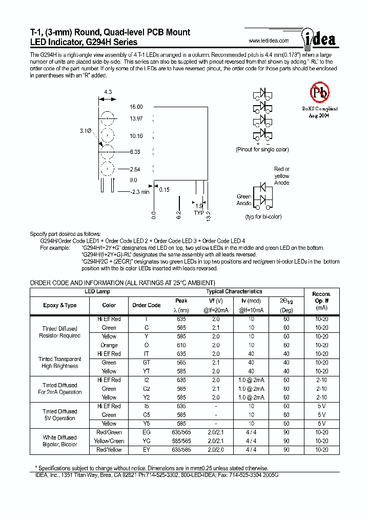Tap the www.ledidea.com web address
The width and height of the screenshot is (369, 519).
[269, 41]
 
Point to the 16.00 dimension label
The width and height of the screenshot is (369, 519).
[136, 107]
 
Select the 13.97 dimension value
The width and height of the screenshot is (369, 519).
[136, 118]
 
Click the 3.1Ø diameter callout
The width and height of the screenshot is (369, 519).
[86, 131]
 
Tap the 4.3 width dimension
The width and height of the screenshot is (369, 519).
[108, 92]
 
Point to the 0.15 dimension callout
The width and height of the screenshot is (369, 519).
[164, 190]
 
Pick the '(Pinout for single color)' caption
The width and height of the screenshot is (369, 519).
[262, 150]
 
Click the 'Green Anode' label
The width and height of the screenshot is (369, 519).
[244, 200]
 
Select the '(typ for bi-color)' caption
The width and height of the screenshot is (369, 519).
[263, 217]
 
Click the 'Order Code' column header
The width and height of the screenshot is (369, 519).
[147, 305]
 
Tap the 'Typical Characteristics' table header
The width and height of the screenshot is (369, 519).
[234, 291]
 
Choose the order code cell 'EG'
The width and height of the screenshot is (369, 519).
[147, 432]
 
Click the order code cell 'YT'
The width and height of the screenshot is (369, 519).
[147, 371]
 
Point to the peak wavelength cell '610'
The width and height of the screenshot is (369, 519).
[181, 345]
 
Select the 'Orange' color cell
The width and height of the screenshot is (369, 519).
[109, 345]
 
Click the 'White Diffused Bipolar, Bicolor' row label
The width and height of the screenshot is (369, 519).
[60, 441]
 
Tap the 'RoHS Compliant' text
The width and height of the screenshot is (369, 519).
[319, 109]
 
